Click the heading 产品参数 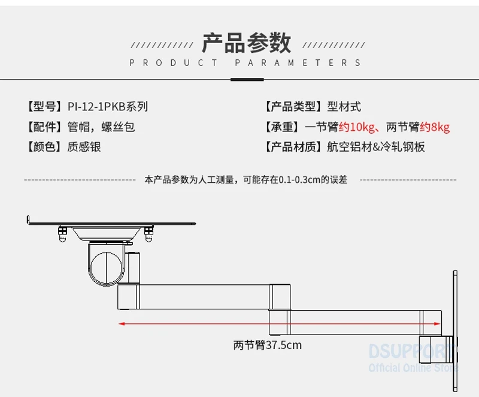click(x=246, y=43)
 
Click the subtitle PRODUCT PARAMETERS click(x=245, y=63)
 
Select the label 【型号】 click(x=44, y=107)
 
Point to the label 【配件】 click(x=44, y=127)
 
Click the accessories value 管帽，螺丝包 click(x=101, y=127)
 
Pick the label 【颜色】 click(x=44, y=147)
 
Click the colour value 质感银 click(x=84, y=147)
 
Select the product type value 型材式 click(x=344, y=107)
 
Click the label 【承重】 click(x=282, y=127)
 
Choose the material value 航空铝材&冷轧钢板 click(x=376, y=147)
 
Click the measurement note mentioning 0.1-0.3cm click(x=246, y=179)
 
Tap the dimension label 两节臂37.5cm click(x=268, y=345)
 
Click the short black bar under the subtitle click(x=247, y=79)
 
